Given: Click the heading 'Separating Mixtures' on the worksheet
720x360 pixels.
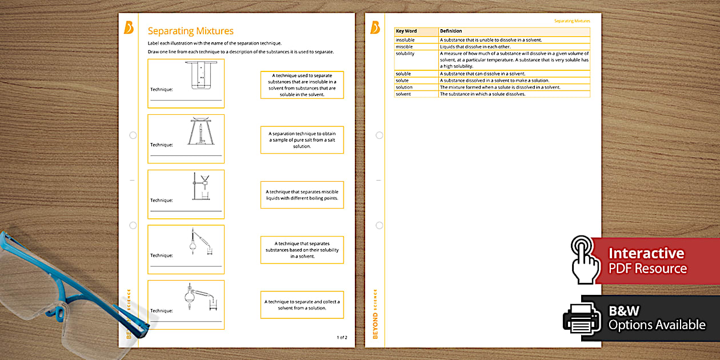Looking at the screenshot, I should [x=190, y=31].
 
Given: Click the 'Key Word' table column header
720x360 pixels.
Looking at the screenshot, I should [x=406, y=31].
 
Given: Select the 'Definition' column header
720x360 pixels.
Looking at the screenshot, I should [x=451, y=31].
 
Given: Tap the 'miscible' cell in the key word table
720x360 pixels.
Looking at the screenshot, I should [x=405, y=47].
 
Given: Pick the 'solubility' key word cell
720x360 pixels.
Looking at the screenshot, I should [x=405, y=54].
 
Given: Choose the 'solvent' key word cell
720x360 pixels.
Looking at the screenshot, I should [x=404, y=94].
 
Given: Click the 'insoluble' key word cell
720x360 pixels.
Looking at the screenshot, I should [x=405, y=40].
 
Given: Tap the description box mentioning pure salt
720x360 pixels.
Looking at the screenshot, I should [x=302, y=140].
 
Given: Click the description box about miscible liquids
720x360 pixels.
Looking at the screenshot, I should [x=302, y=195].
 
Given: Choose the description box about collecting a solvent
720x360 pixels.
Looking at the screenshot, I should [x=302, y=305].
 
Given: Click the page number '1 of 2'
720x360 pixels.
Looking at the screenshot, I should [x=342, y=338].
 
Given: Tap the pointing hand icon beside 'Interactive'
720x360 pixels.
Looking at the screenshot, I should [x=585, y=260].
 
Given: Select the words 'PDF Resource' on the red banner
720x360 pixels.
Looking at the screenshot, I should [x=647, y=269].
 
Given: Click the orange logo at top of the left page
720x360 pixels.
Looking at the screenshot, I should [x=129, y=27].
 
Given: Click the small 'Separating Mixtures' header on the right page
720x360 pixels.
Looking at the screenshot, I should [x=571, y=21].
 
